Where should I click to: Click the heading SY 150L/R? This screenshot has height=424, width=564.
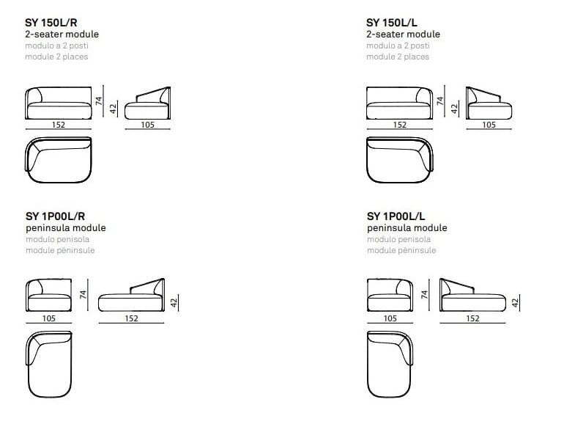click(56, 23)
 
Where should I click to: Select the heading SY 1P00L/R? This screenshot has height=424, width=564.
click(56, 216)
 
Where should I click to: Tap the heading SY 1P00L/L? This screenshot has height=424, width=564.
click(396, 216)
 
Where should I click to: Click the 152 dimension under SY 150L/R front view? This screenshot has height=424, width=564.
click(59, 125)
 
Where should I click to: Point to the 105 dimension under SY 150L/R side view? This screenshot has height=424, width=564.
click(148, 125)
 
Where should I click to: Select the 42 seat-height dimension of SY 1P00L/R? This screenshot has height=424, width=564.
click(174, 302)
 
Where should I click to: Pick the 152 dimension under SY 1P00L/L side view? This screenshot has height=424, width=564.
click(472, 318)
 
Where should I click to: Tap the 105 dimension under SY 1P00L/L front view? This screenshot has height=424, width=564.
click(390, 318)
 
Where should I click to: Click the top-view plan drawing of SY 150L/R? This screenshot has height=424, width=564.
click(59, 160)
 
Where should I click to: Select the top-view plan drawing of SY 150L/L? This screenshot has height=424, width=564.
click(400, 160)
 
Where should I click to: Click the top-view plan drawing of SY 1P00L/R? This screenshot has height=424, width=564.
click(51, 363)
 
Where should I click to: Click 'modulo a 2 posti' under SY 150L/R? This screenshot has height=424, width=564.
click(56, 45)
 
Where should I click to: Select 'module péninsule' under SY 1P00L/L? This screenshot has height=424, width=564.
click(401, 250)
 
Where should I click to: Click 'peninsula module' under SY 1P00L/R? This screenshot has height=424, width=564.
click(65, 228)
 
